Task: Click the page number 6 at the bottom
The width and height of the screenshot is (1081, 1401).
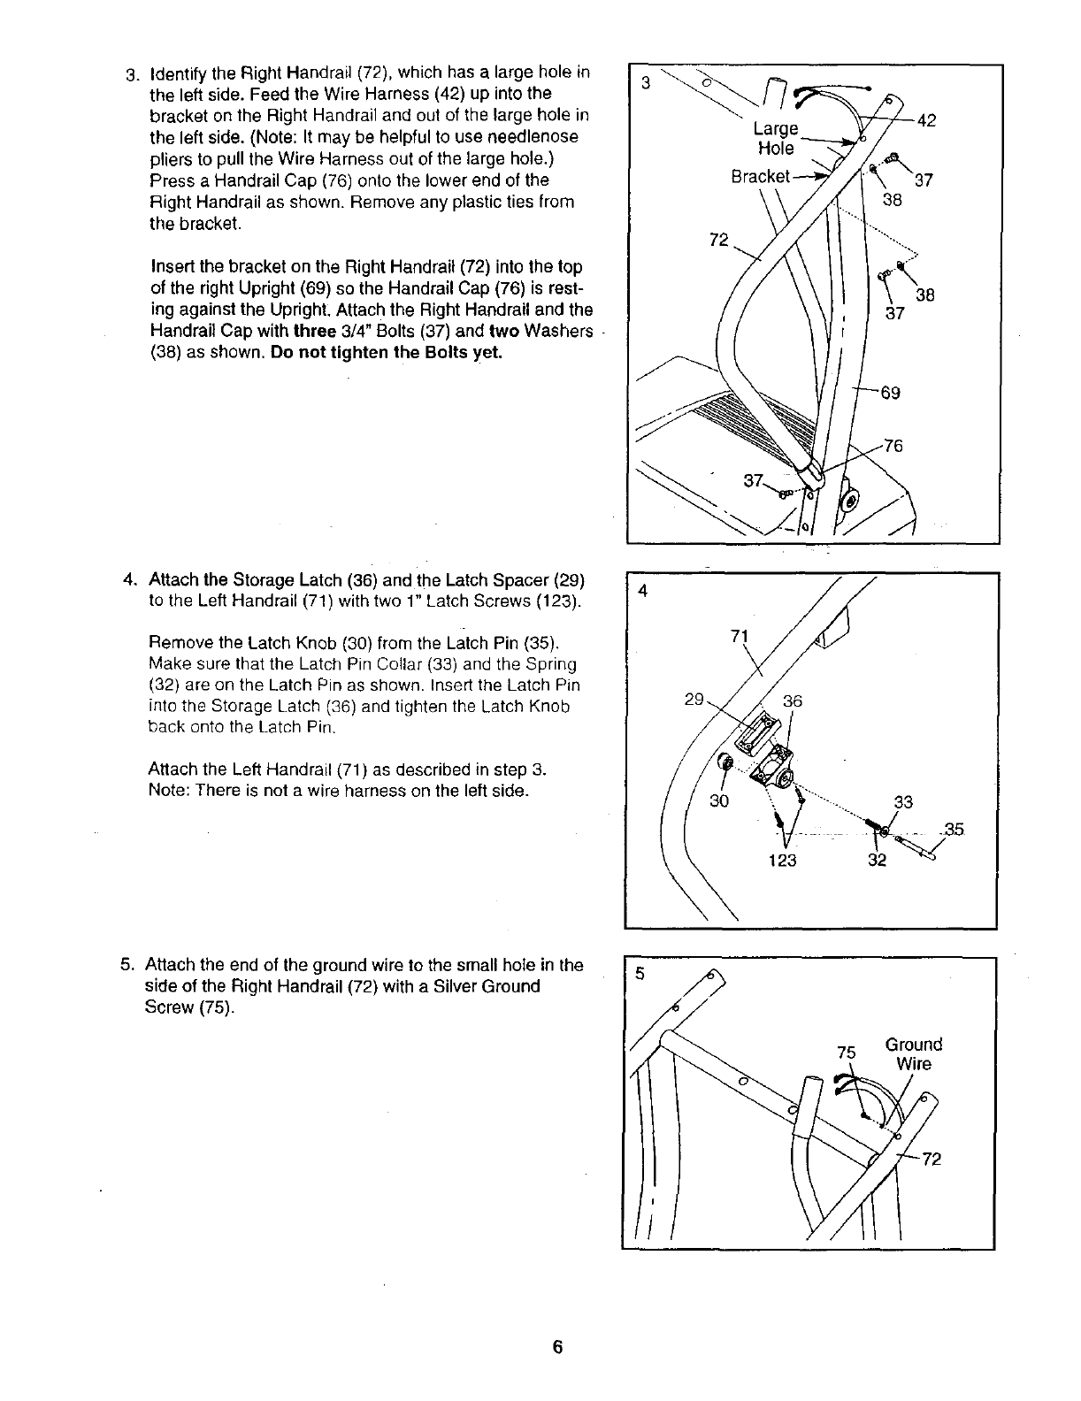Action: [x=557, y=1347]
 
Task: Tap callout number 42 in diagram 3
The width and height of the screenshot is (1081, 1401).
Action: [x=927, y=122]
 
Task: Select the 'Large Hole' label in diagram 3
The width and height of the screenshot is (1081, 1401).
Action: [x=776, y=139]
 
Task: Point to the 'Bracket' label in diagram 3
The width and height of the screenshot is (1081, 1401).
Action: [x=760, y=176]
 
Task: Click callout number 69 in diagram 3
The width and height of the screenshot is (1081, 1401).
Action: [x=890, y=392]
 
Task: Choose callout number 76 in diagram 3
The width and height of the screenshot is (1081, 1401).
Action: [x=893, y=446]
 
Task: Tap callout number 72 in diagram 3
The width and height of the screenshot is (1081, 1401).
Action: [x=719, y=241]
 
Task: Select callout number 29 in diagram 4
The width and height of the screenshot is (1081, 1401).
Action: [x=694, y=700]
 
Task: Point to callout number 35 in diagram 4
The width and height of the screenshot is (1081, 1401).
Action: [x=954, y=830]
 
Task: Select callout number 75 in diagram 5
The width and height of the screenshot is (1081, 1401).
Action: [x=847, y=1053]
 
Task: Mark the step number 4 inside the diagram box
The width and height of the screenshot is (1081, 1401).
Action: [x=643, y=593]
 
